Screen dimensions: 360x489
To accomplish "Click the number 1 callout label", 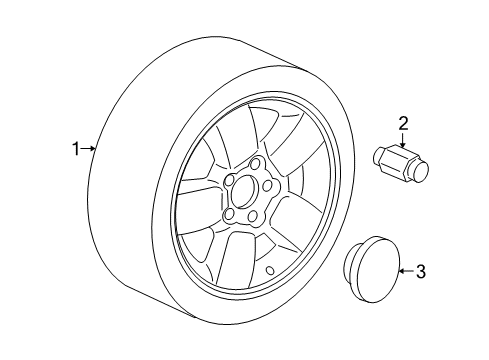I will [x=74, y=150].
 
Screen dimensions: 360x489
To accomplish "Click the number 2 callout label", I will [x=404, y=123].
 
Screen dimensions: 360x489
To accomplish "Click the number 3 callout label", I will [x=420, y=270].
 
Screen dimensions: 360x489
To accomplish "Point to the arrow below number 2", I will [x=402, y=140].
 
